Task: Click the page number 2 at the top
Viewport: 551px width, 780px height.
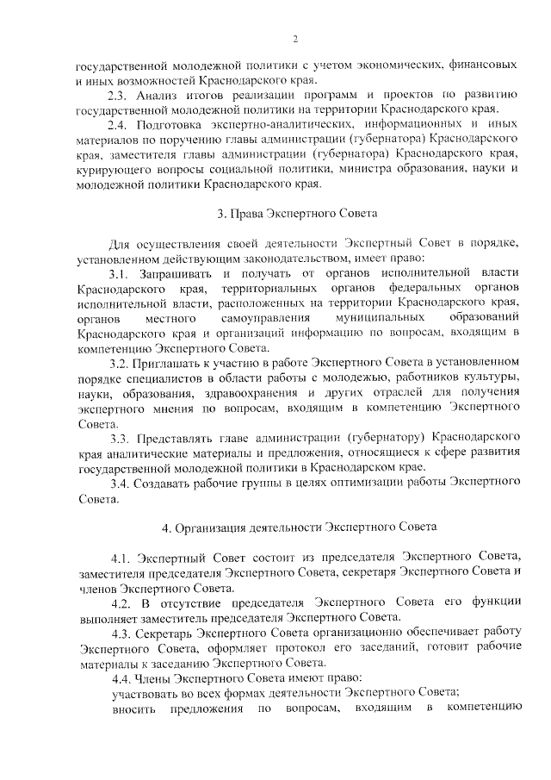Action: [294, 39]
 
